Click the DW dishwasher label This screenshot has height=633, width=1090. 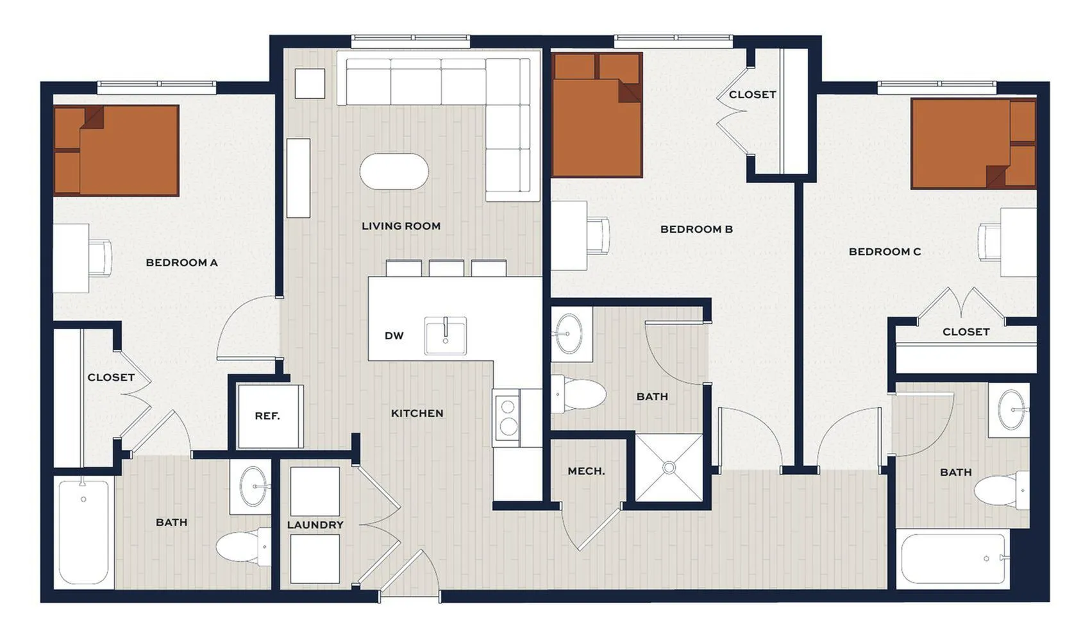tap(394, 335)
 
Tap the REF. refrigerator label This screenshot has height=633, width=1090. tap(267, 416)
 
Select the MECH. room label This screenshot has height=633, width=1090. tap(586, 471)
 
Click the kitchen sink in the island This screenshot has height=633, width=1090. tap(445, 335)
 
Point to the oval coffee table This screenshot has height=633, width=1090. tap(394, 172)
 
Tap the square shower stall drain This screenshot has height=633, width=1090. tap(669, 468)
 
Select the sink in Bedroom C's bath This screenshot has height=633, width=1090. tap(1011, 410)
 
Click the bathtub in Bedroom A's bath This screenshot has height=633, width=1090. tap(84, 532)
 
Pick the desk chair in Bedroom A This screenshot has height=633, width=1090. tap(101, 258)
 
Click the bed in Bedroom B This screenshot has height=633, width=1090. tap(597, 115)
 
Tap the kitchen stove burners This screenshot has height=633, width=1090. tap(508, 418)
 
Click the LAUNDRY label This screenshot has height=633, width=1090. tap(315, 525)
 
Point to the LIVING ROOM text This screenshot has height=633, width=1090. tap(401, 226)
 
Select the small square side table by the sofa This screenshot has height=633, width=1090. tap(310, 83)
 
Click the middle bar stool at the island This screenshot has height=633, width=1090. tap(446, 268)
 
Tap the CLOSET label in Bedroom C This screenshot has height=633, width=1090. tap(966, 332)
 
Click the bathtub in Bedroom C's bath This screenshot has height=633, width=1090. tap(953, 559)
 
